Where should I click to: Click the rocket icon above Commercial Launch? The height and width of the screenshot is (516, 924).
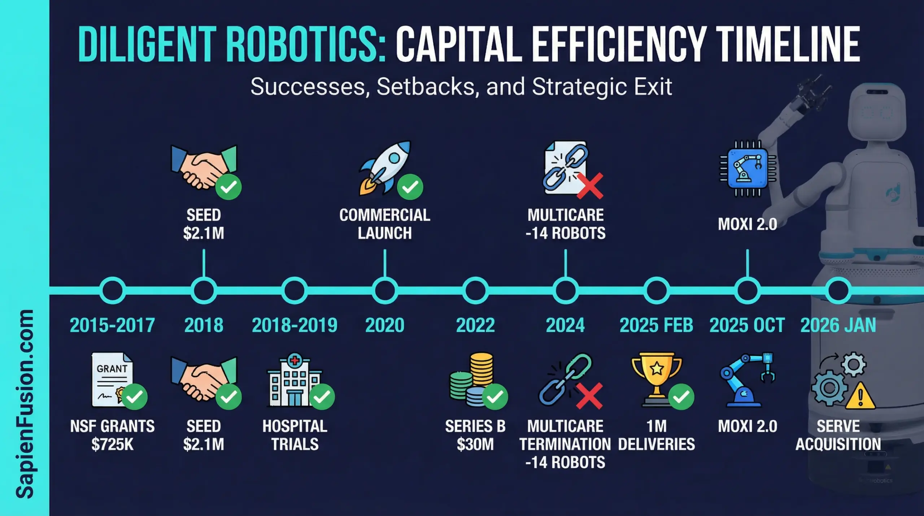tap(385, 168)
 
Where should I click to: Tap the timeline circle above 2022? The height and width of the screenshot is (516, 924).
tap(475, 290)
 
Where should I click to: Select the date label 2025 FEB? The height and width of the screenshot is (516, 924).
tap(656, 325)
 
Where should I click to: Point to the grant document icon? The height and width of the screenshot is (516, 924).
tap(112, 379)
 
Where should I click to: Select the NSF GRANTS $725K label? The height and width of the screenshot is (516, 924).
tap(112, 435)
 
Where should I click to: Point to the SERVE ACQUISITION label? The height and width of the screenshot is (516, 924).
tap(838, 435)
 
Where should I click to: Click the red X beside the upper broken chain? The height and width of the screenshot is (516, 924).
tap(590, 186)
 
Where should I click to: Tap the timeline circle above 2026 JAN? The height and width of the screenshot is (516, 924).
tap(838, 290)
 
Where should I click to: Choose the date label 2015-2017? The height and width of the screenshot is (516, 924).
tap(112, 325)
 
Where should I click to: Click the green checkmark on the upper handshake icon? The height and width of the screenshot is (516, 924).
tap(228, 187)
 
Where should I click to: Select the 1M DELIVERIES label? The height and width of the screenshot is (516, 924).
tap(656, 435)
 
